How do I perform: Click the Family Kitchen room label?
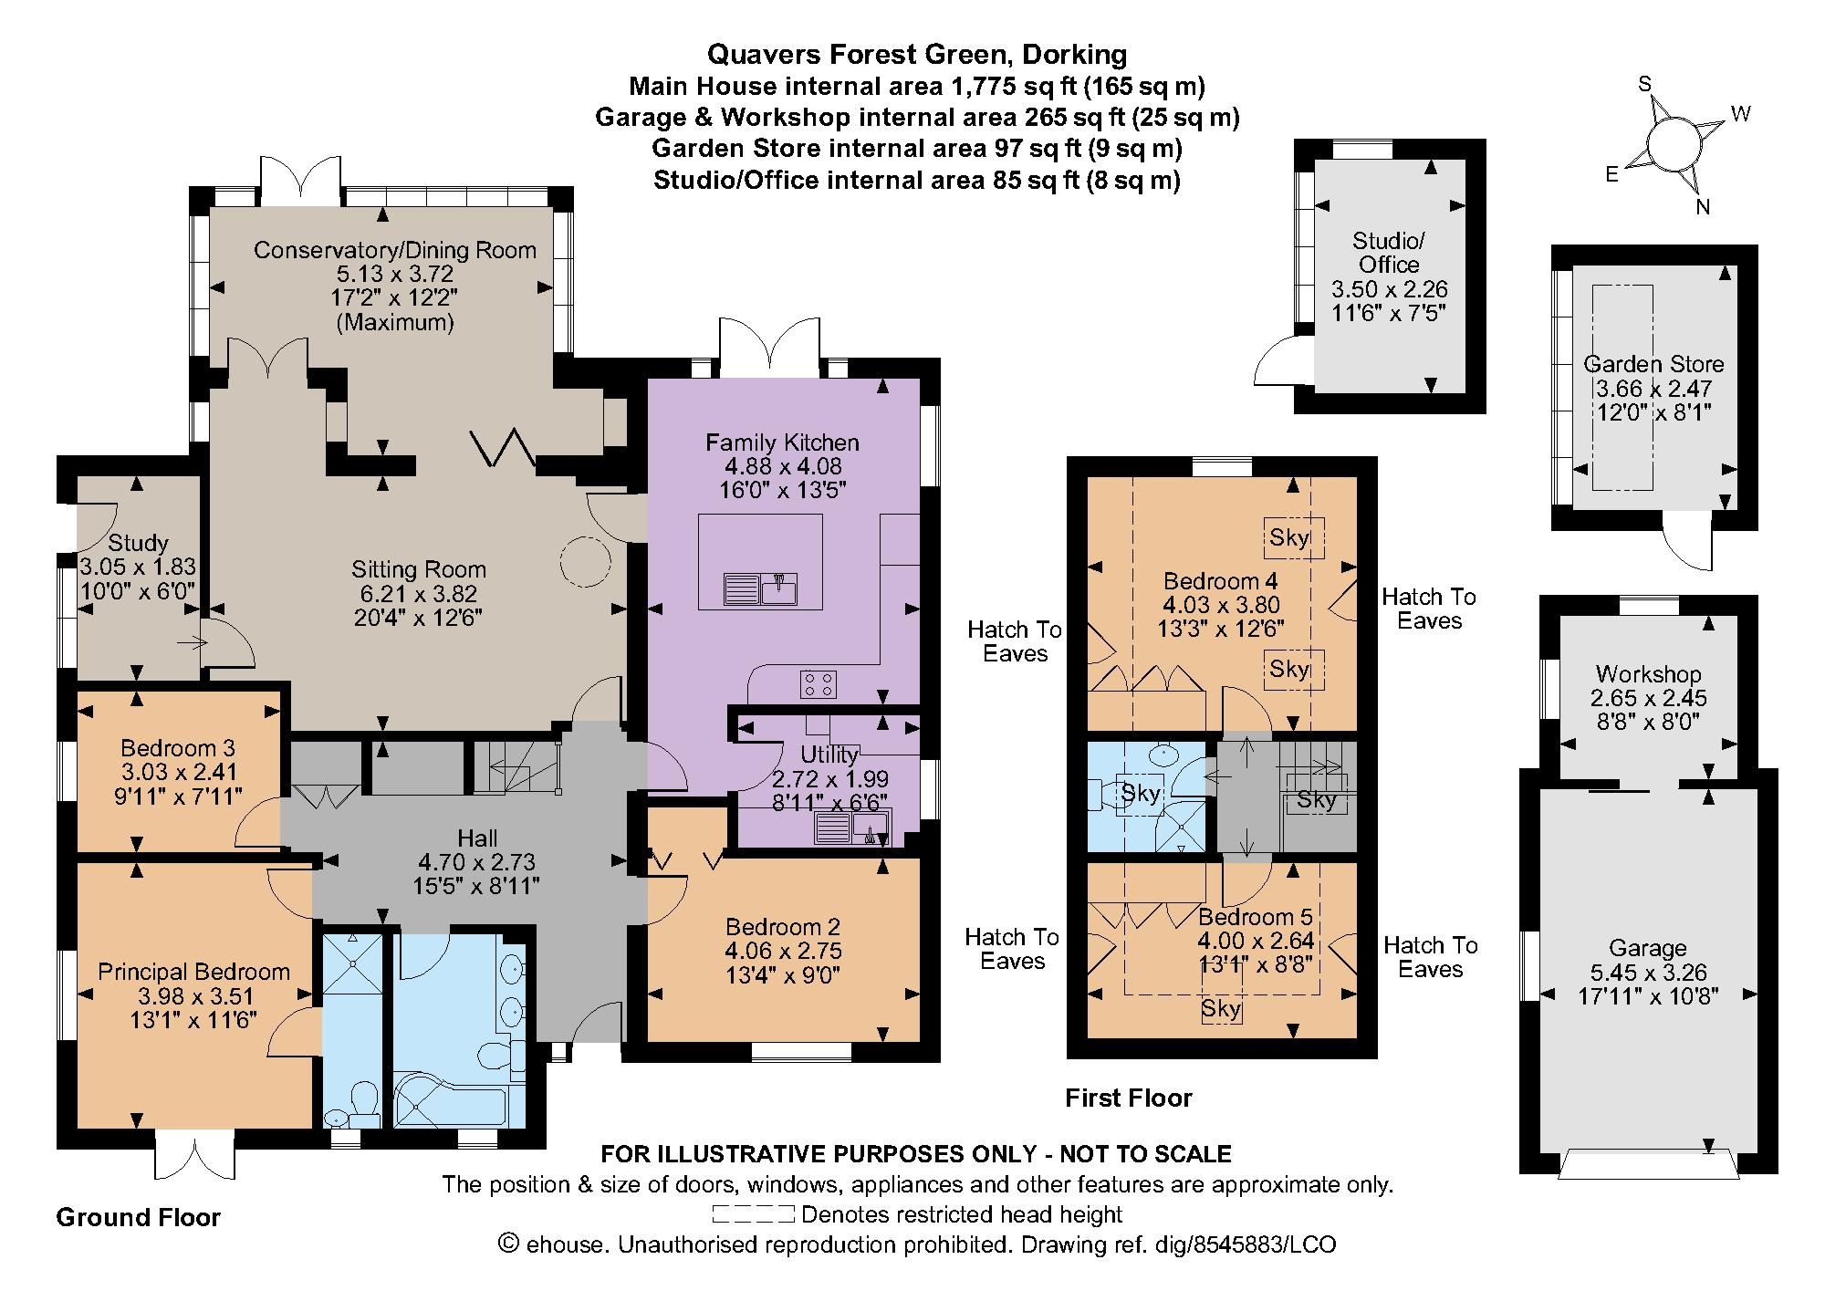point(782,443)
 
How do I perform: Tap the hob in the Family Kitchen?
point(819,683)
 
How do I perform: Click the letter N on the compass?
point(1702,207)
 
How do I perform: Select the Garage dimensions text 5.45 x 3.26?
point(1647,973)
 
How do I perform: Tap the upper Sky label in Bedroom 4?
point(1289,537)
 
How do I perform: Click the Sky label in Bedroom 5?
point(1221,1008)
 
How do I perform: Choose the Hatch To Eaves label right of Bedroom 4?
point(1429,609)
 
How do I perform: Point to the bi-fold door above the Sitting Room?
point(504,447)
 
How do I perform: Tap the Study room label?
point(139,544)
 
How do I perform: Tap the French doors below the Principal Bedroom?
point(194,1155)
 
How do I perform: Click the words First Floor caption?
point(1129,1098)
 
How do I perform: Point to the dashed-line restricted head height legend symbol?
point(754,1214)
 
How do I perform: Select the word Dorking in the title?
point(1074,55)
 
